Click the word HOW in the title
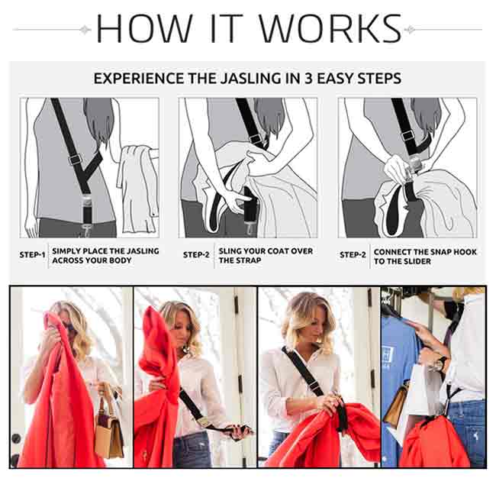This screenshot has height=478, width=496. (144, 28)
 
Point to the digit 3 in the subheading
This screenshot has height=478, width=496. (308, 79)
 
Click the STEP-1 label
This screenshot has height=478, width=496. (32, 255)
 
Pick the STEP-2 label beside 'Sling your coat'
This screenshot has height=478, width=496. (196, 255)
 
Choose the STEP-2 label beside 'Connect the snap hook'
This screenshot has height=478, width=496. (353, 255)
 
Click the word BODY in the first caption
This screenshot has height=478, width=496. (120, 260)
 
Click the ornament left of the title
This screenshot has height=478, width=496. (85, 30)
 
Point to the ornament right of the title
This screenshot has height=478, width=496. (409, 30)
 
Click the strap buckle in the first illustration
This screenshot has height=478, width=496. (75, 160)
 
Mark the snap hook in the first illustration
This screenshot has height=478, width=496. (85, 230)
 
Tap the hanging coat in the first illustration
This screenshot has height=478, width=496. (137, 189)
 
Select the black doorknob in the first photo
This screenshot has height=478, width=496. (16, 438)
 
